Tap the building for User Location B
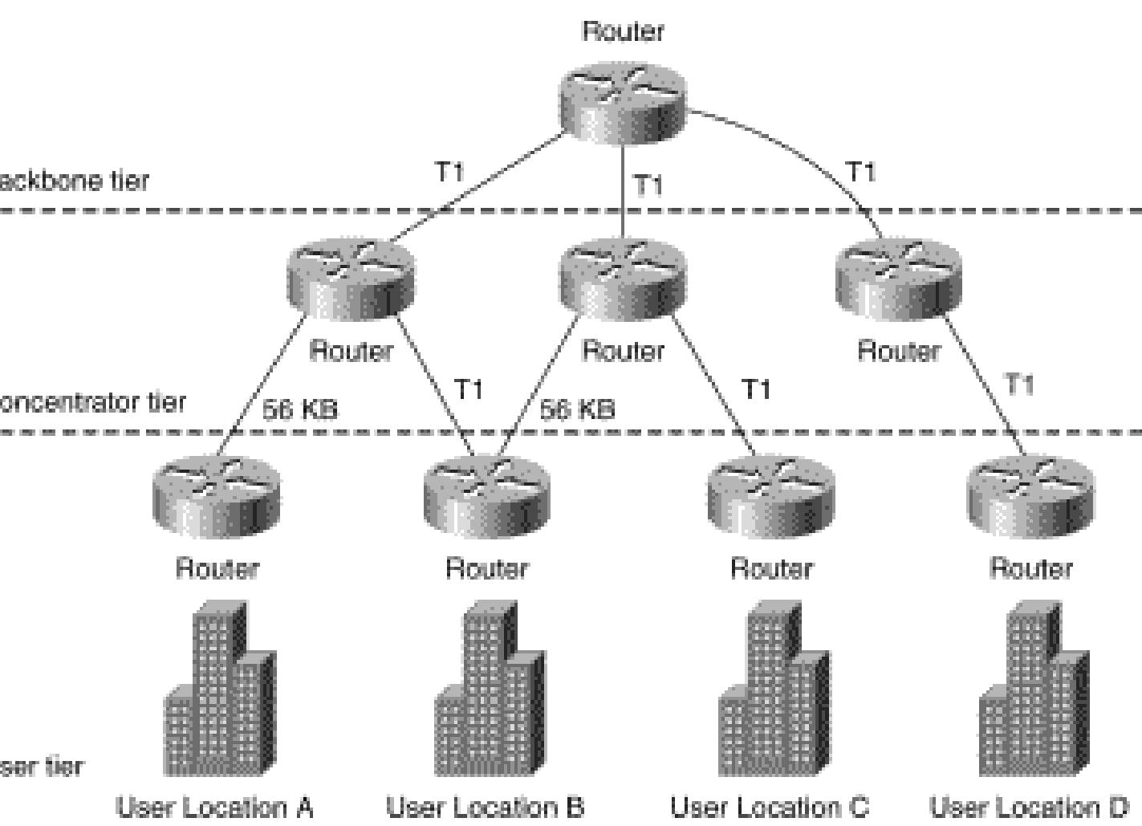(489, 690)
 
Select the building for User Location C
(773, 690)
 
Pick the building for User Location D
(1034, 690)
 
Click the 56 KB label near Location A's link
(300, 409)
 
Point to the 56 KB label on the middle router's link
(577, 409)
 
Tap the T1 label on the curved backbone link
(860, 172)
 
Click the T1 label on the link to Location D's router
(1019, 385)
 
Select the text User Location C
(770, 806)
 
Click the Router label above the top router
(624, 31)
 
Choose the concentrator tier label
(92, 401)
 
